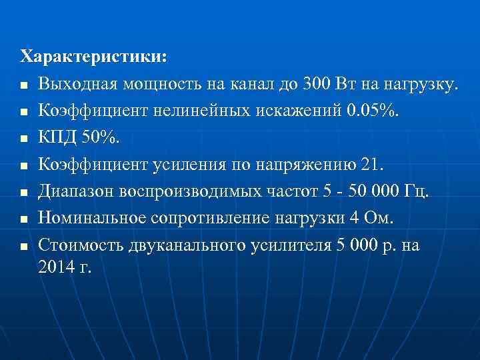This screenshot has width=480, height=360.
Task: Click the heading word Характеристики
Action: pos(94,57)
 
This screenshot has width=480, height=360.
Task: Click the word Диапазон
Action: pos(77,192)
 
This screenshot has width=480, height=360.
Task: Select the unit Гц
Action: pos(418,192)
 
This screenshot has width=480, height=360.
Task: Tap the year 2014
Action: pos(56,267)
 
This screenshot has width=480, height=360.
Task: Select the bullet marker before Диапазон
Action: pos(24,193)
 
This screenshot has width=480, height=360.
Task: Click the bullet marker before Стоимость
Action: pos(24,246)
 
